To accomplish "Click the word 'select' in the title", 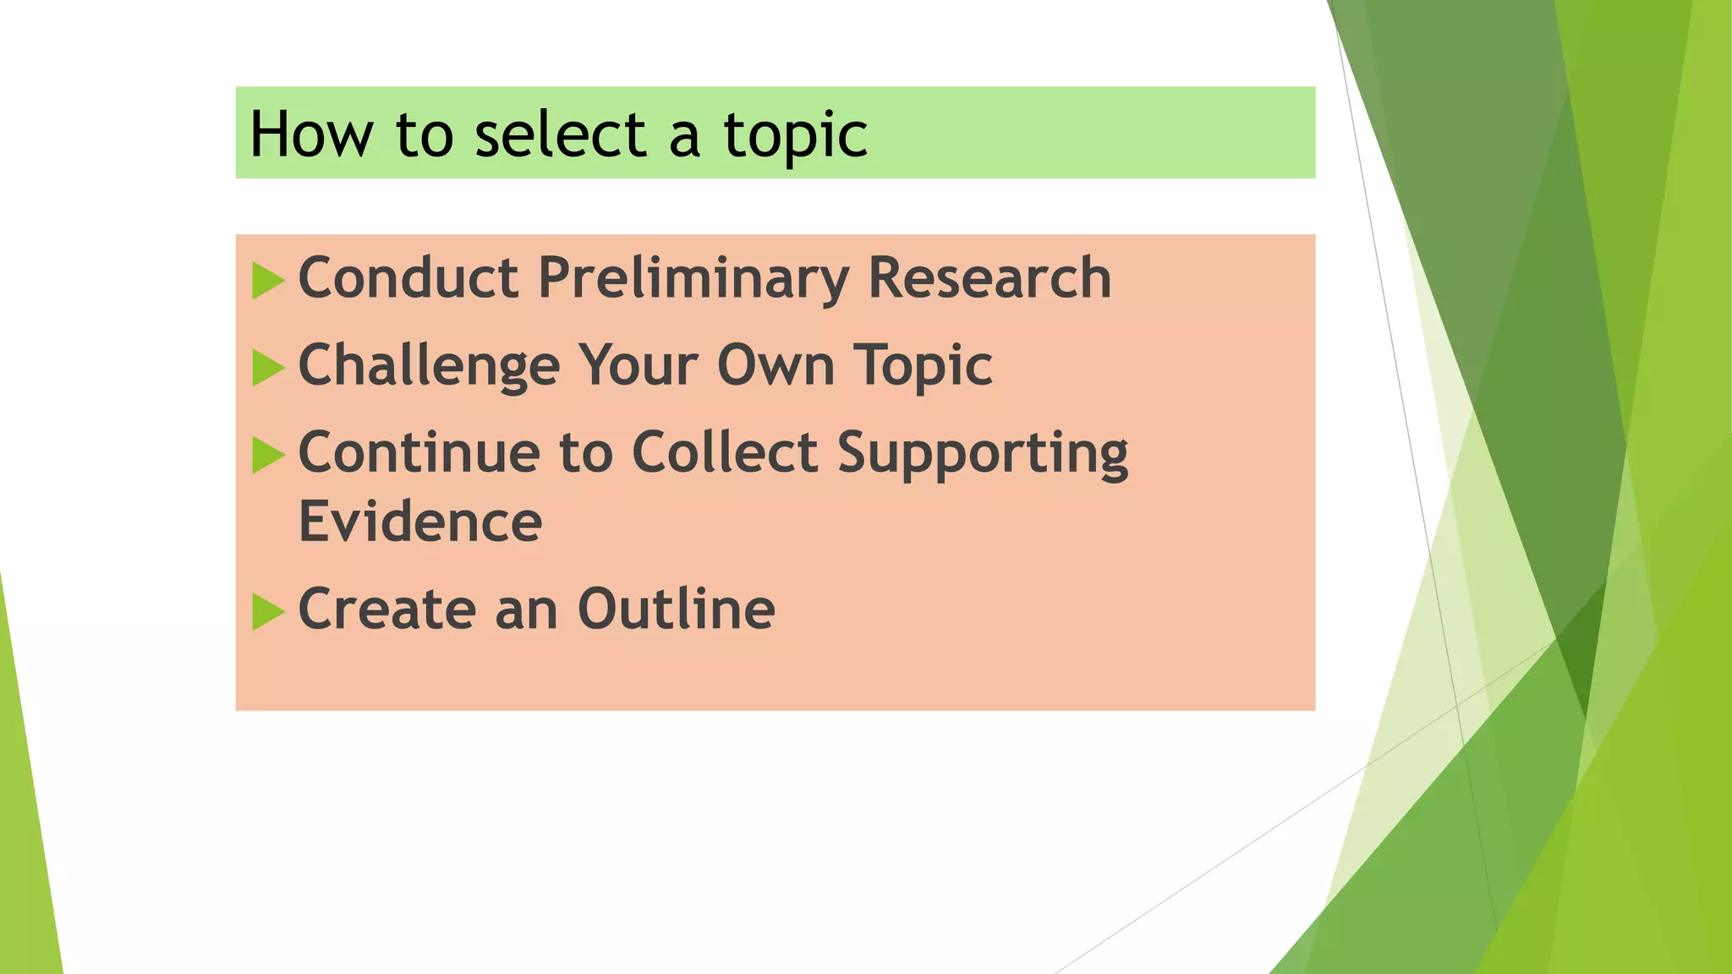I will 560,134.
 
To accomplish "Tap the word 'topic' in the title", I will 795,136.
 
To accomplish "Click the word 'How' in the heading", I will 311,134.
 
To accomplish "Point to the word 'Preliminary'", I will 693,279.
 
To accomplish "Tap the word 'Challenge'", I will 429,365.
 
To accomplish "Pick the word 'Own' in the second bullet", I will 776,365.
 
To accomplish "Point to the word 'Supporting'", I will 983,454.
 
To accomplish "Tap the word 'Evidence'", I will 420,522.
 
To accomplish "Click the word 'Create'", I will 387,609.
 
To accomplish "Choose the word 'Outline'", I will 676,609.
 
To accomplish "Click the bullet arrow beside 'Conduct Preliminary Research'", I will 268,281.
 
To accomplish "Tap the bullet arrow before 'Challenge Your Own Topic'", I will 268,368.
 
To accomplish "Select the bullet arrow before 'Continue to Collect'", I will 268,455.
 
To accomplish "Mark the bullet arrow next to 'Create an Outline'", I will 268,611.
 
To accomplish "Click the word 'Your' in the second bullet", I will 638,365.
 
